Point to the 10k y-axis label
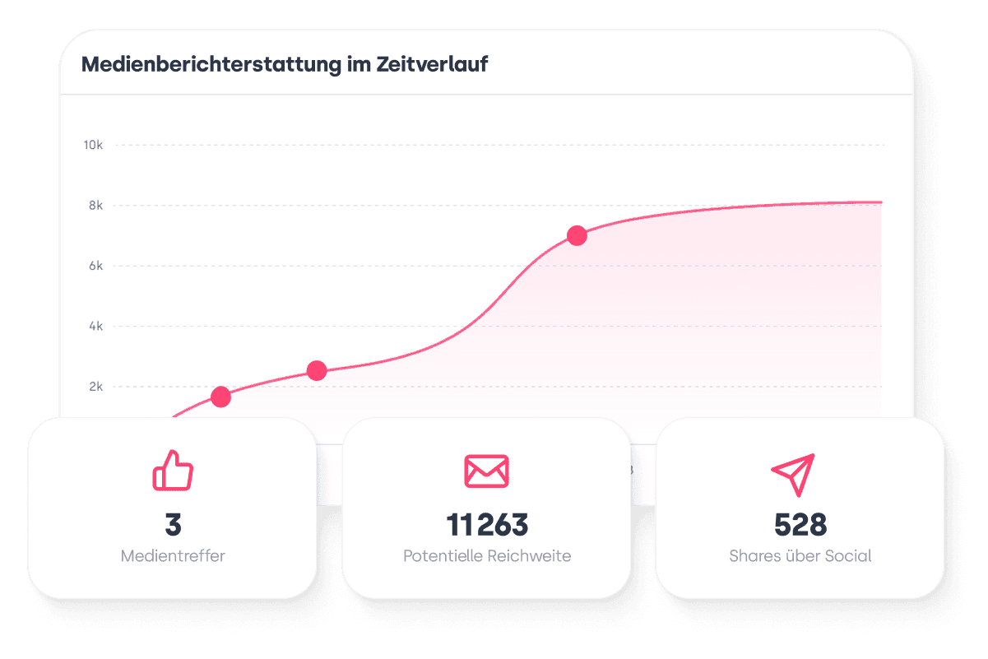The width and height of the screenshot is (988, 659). tap(92, 146)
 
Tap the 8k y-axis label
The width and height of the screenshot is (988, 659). tap(95, 206)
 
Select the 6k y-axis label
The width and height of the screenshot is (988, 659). tap(95, 266)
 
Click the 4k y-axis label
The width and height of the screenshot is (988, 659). tap(95, 327)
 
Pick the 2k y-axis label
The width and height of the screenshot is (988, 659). tap(95, 387)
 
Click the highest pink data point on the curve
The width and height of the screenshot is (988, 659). tap(577, 236)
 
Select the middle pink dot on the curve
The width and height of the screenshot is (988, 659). tap(317, 371)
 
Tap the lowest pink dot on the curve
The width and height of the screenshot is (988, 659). tap(220, 397)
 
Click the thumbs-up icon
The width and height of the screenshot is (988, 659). tap(173, 471)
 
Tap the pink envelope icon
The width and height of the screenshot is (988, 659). tap(486, 471)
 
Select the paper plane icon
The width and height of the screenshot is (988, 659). tap(793, 473)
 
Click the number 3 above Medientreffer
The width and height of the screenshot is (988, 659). tap(173, 524)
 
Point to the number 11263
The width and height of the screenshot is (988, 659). tap(487, 524)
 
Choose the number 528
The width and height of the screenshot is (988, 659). tap(800, 524)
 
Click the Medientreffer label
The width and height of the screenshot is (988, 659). tap(173, 556)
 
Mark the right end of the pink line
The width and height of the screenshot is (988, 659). tap(880, 202)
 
